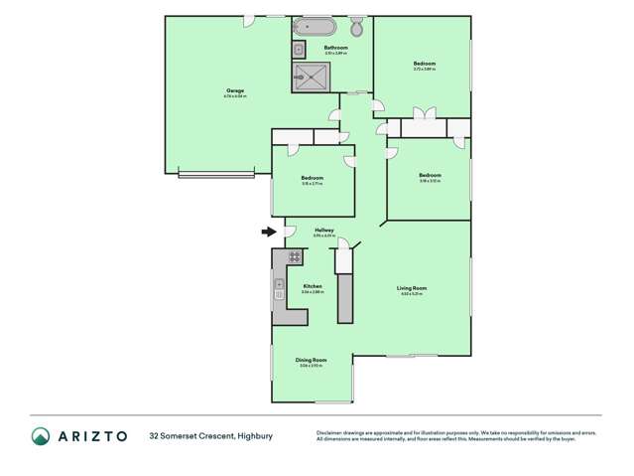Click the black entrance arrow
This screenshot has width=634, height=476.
[x=268, y=233]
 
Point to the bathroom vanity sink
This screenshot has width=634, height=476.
[x=299, y=49]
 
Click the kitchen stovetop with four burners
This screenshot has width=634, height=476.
[x=295, y=256]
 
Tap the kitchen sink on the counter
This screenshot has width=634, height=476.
[x=280, y=290]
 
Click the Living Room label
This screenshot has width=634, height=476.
[x=412, y=289]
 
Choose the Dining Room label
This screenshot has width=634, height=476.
[x=311, y=360]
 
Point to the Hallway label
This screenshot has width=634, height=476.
[x=323, y=230]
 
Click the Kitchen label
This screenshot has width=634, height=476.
[x=313, y=287]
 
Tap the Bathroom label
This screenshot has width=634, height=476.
[x=336, y=48]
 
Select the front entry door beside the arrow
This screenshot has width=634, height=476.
[x=290, y=233]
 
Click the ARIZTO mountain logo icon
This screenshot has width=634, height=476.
[x=41, y=435]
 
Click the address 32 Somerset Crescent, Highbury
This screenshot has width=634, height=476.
[x=210, y=435]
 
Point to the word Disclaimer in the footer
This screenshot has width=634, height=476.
[x=331, y=432]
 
